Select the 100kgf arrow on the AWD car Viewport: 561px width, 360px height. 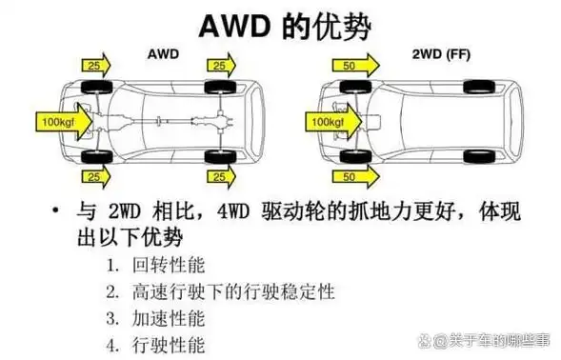[x=62, y=121]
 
